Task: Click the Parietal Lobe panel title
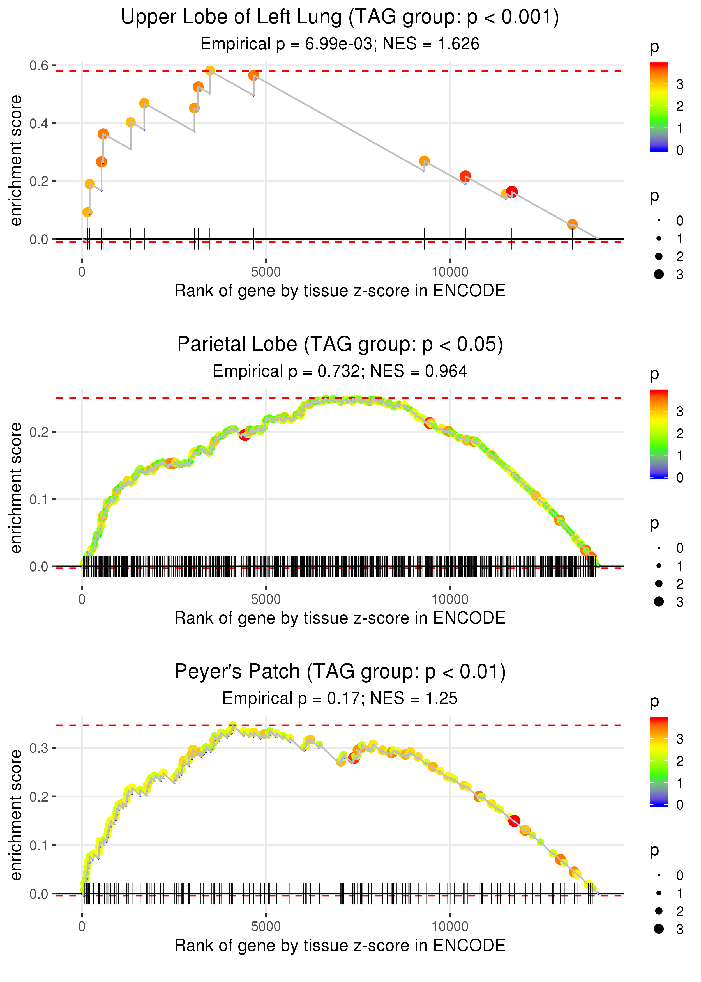tap(340, 345)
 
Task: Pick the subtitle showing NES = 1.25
tap(340, 699)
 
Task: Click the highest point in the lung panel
tap(210, 70)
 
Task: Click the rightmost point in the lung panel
tap(572, 224)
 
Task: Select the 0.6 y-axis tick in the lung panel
tap(39, 66)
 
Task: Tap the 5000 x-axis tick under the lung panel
tap(266, 272)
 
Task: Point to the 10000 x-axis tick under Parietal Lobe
tap(450, 599)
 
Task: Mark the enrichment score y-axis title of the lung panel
tap(16, 161)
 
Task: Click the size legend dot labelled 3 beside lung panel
tap(659, 274)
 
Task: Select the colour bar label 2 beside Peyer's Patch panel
tap(680, 761)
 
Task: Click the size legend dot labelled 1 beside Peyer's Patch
tap(659, 893)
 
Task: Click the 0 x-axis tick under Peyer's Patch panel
tap(82, 927)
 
